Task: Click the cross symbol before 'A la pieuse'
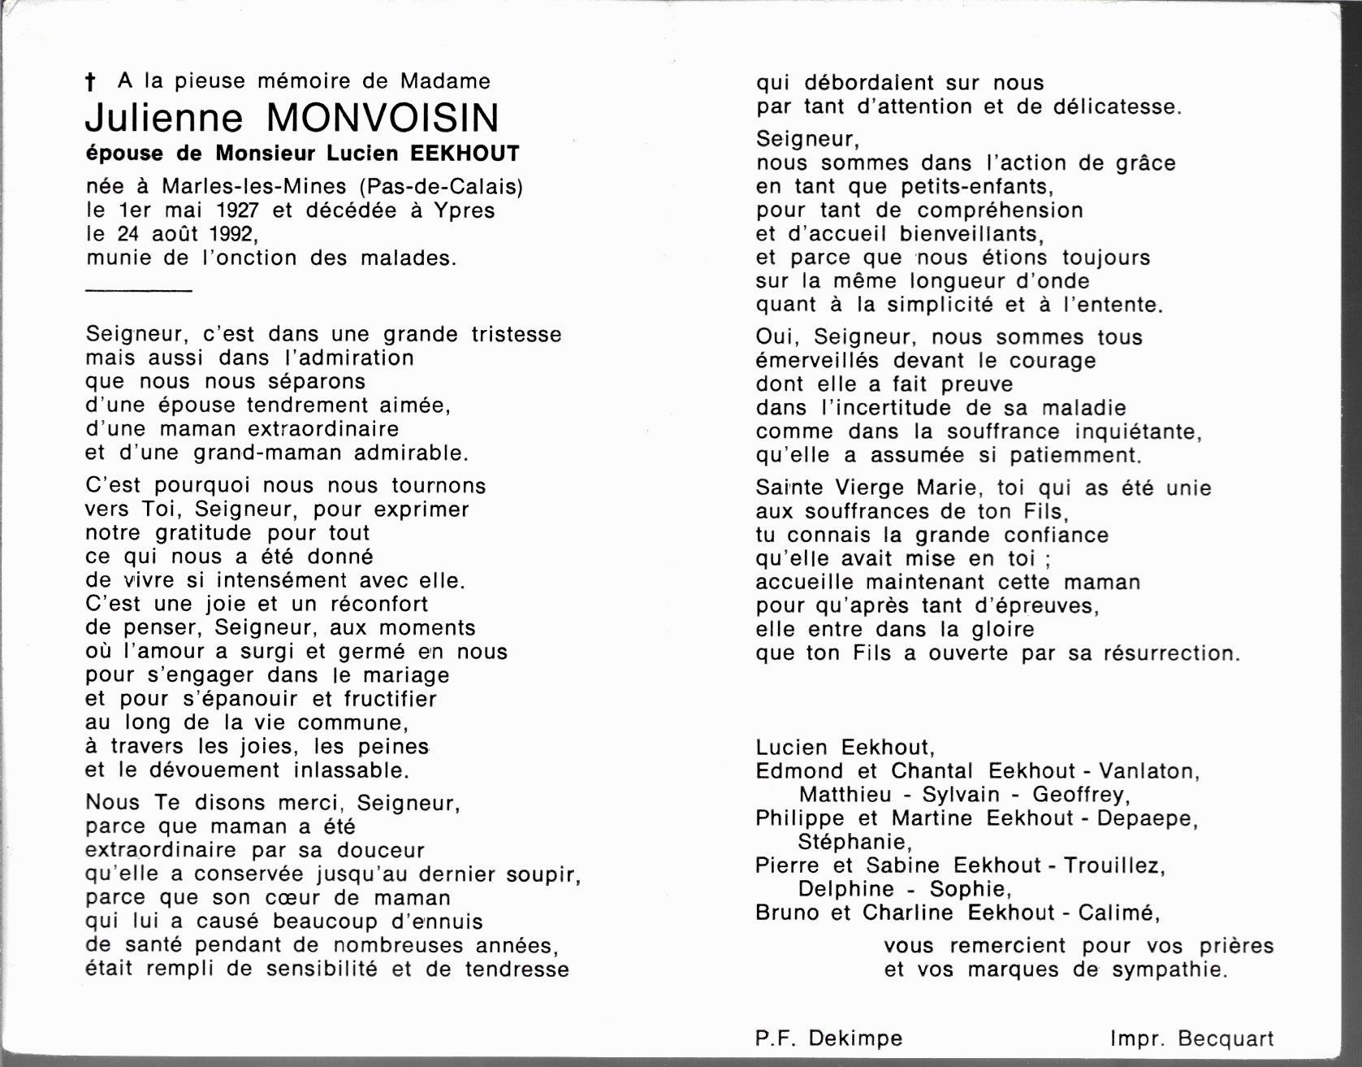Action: tap(90, 81)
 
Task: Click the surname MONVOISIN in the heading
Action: tap(383, 119)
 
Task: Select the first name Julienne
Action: tap(163, 119)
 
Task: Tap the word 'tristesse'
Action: tap(517, 335)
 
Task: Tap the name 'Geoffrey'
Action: tap(1079, 795)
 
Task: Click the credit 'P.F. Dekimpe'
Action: tap(828, 1038)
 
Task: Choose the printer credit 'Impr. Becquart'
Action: tap(1191, 1038)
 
